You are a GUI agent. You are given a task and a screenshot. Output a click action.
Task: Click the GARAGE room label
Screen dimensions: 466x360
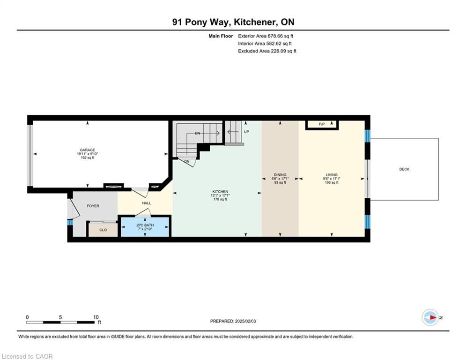(x=88, y=150)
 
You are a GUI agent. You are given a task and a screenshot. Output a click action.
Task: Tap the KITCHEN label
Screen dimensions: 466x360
(x=220, y=192)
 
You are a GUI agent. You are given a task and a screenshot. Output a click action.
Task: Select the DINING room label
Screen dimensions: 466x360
(x=280, y=175)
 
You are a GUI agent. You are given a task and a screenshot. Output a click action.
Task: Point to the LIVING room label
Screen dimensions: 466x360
(x=332, y=175)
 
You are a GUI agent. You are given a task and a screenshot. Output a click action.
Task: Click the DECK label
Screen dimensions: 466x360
(x=404, y=169)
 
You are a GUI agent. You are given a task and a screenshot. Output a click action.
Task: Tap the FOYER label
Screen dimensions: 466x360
(x=93, y=206)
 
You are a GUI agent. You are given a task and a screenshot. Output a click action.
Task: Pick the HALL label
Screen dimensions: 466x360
(x=147, y=203)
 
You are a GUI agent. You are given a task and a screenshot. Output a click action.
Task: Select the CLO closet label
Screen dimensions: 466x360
(x=103, y=230)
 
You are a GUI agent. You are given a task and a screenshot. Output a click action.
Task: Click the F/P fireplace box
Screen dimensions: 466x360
(x=322, y=125)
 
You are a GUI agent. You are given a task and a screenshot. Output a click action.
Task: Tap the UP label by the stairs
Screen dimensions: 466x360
(x=246, y=132)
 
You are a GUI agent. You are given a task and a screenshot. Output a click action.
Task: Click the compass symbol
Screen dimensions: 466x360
(x=430, y=317)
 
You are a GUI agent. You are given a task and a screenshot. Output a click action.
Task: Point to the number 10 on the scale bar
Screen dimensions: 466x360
(x=96, y=317)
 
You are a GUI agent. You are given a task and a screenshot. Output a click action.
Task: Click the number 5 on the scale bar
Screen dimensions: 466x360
(x=60, y=317)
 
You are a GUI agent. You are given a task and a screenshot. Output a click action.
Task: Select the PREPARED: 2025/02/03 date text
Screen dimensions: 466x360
(x=233, y=321)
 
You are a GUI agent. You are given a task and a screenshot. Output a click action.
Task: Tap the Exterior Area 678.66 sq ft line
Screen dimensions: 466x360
(x=266, y=36)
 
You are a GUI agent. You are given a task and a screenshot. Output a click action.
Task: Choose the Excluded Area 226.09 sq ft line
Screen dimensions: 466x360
(x=267, y=51)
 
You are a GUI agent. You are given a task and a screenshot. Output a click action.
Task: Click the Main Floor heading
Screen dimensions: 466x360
(x=221, y=36)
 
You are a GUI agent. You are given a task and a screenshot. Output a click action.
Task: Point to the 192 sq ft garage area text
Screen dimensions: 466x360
(x=88, y=157)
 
